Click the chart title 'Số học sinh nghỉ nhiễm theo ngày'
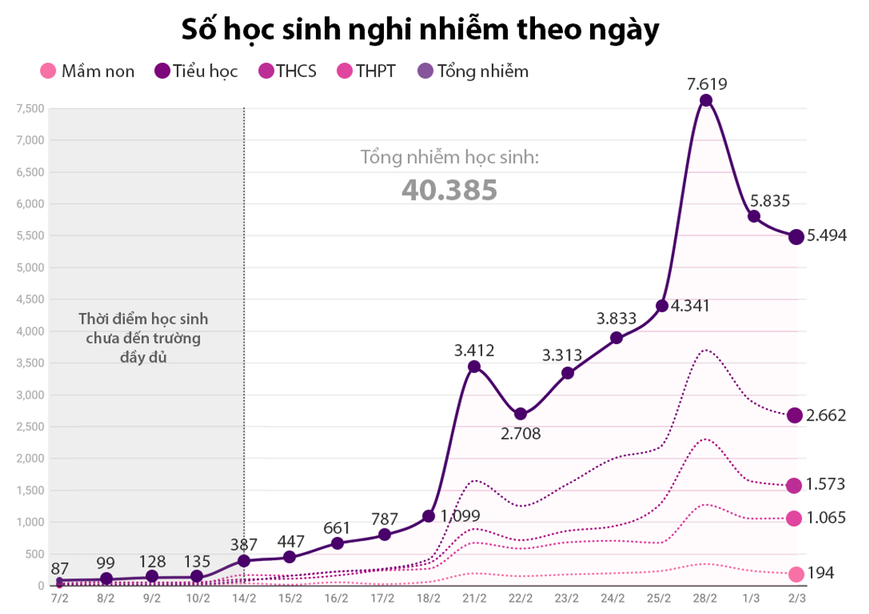pos(420,29)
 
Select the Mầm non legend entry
pos(88,72)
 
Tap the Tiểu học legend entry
pos(196,72)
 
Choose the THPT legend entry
pos(366,72)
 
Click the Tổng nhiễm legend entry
pos(473,72)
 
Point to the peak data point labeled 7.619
pos(706,101)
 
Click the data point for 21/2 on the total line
pos(474,367)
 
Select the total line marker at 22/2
pos(521,414)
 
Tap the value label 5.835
pos(770,201)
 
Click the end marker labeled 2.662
pos(794,415)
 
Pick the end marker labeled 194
pos(796,575)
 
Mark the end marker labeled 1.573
pos(793,485)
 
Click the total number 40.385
pos(449,190)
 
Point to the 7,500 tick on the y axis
pos(30,108)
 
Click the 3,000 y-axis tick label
pos(30,395)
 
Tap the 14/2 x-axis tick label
pos(244,598)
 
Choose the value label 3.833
pos(616,318)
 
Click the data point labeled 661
pos(337,544)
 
